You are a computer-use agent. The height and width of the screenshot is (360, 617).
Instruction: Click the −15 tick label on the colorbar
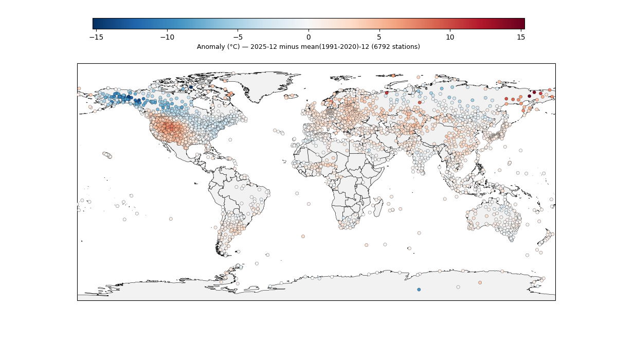tap(94, 37)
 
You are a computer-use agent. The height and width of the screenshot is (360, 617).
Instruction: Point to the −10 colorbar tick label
tap(167, 37)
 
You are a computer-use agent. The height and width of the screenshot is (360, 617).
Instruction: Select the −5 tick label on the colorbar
tap(238, 37)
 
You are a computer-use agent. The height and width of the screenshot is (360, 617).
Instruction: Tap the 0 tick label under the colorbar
tap(308, 37)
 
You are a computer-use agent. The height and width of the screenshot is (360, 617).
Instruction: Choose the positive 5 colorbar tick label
tap(379, 37)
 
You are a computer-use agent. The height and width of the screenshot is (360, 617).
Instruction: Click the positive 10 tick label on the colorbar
tap(450, 37)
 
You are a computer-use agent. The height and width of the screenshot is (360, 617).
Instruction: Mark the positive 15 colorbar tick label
tap(520, 37)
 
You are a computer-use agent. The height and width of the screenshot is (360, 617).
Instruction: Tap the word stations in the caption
tap(406, 47)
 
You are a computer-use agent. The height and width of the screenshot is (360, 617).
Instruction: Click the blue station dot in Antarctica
tap(419, 290)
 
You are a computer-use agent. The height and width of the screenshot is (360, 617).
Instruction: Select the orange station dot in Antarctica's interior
tap(480, 282)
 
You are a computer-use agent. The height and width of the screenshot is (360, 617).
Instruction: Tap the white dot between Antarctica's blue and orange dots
tap(458, 287)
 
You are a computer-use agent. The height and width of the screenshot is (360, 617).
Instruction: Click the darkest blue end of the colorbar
tap(95, 24)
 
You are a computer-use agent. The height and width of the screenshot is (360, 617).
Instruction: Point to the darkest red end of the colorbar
tap(522, 24)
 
